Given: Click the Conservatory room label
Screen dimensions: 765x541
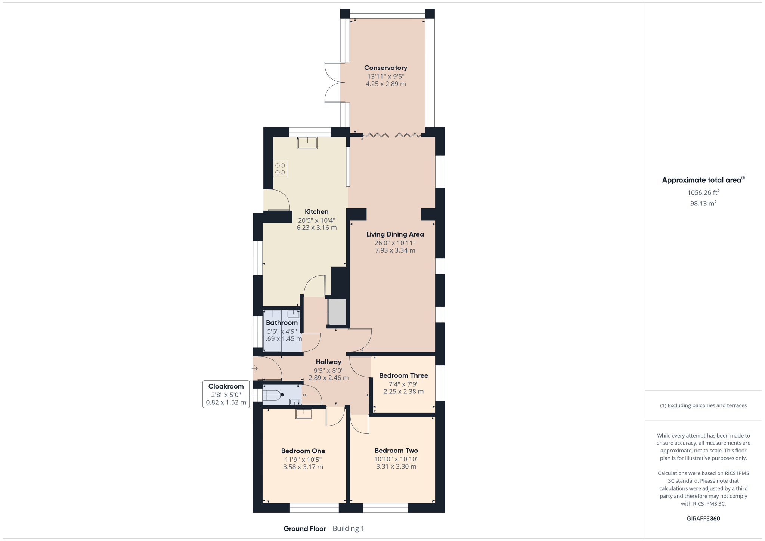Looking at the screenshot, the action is (x=385, y=68).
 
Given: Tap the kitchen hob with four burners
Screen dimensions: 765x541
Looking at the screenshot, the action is (x=280, y=169).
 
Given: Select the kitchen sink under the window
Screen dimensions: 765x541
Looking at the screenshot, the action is (x=307, y=143).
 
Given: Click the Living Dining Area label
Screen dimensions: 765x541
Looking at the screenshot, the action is (x=395, y=234).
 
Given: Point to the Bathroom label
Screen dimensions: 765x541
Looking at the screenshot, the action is (x=282, y=322).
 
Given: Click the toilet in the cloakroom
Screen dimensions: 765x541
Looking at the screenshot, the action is (x=273, y=395).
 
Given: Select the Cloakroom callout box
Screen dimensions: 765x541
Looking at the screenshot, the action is (x=226, y=394).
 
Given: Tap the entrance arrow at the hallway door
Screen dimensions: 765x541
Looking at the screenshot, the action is (x=255, y=369).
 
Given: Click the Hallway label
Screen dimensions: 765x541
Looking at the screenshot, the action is (x=328, y=362).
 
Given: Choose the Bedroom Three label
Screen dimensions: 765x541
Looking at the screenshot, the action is (x=403, y=375).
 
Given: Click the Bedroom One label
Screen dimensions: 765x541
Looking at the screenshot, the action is (x=303, y=451).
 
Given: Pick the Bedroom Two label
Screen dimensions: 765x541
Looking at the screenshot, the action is (x=396, y=451).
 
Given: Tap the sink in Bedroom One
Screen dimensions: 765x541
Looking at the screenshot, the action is (x=304, y=414).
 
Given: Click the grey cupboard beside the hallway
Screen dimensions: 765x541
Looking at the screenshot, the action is (x=337, y=312).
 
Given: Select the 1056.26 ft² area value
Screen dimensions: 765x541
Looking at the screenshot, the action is (x=703, y=192).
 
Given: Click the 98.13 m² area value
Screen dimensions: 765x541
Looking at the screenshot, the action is (x=703, y=203).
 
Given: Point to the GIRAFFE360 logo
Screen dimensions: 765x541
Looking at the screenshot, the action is (x=703, y=519).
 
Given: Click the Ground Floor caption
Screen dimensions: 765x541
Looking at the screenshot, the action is (x=304, y=529).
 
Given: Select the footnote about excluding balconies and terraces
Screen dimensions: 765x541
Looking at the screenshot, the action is (x=703, y=405).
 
